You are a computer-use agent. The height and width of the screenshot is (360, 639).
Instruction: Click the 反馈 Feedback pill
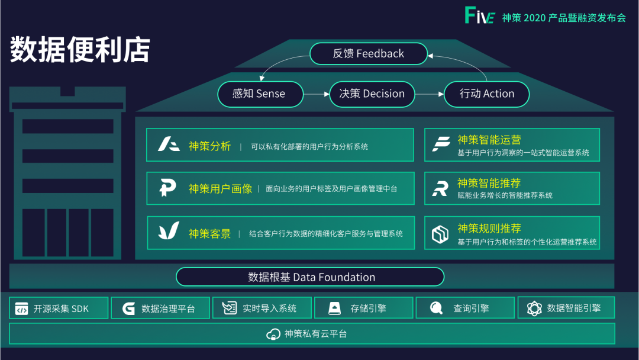point(369,53)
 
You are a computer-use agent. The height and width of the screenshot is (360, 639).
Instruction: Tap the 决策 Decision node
point(372,94)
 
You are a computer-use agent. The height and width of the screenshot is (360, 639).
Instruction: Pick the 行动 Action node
point(486,94)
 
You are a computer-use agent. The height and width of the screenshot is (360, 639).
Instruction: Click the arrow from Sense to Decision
point(317,94)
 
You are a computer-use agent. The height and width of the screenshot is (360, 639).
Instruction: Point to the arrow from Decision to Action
point(430,94)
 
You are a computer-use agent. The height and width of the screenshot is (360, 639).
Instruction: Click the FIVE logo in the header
point(480,15)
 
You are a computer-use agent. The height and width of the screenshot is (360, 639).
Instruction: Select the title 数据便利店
point(80,49)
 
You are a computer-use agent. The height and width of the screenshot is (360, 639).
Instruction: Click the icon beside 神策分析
point(169,144)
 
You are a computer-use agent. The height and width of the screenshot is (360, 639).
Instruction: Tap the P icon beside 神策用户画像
point(167,188)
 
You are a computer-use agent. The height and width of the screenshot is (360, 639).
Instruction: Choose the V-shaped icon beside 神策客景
point(168,231)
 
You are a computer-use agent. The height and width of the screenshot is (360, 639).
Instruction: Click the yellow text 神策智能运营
point(489,140)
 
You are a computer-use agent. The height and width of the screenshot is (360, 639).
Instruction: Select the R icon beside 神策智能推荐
point(440,188)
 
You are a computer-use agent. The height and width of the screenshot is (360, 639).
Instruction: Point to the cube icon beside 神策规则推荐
point(440,234)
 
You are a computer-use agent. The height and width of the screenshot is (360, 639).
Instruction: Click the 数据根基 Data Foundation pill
point(310,277)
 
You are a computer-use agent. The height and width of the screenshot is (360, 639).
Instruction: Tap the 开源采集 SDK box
point(59,308)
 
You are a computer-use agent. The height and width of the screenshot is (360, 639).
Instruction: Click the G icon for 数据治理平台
point(128,308)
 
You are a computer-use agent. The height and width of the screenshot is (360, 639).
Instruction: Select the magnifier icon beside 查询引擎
point(436,308)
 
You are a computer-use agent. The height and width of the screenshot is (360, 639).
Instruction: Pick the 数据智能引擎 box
point(566,308)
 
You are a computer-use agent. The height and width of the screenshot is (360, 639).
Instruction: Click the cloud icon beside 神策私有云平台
point(273,335)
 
